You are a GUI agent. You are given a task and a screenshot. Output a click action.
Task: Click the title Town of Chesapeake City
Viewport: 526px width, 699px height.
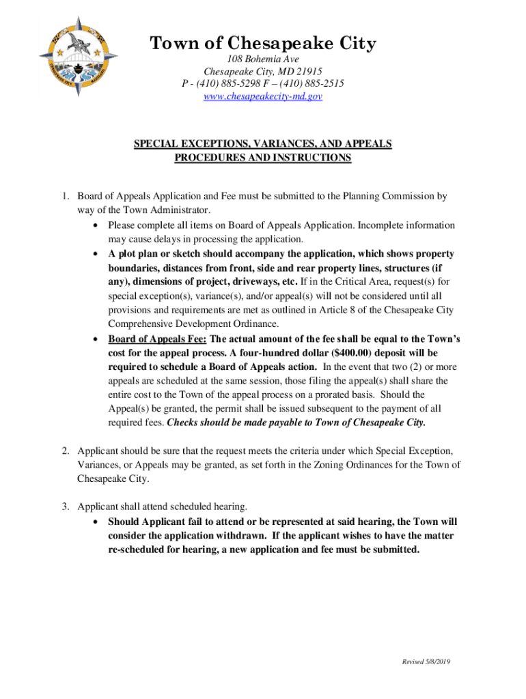click(x=263, y=44)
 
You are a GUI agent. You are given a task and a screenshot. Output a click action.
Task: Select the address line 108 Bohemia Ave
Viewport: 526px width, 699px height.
click(x=263, y=60)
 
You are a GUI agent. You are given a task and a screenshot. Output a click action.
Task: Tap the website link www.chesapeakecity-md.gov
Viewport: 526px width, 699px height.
click(x=263, y=96)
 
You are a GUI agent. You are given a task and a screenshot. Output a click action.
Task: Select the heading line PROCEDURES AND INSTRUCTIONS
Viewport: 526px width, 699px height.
click(x=263, y=158)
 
